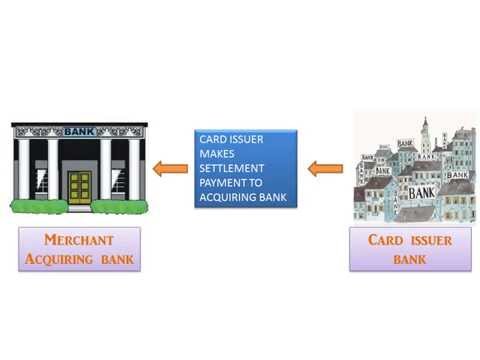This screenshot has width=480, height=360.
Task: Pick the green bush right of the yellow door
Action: [121, 206]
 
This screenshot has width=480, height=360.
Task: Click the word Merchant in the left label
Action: [79, 241]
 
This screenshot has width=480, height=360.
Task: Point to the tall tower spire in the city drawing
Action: [425, 130]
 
